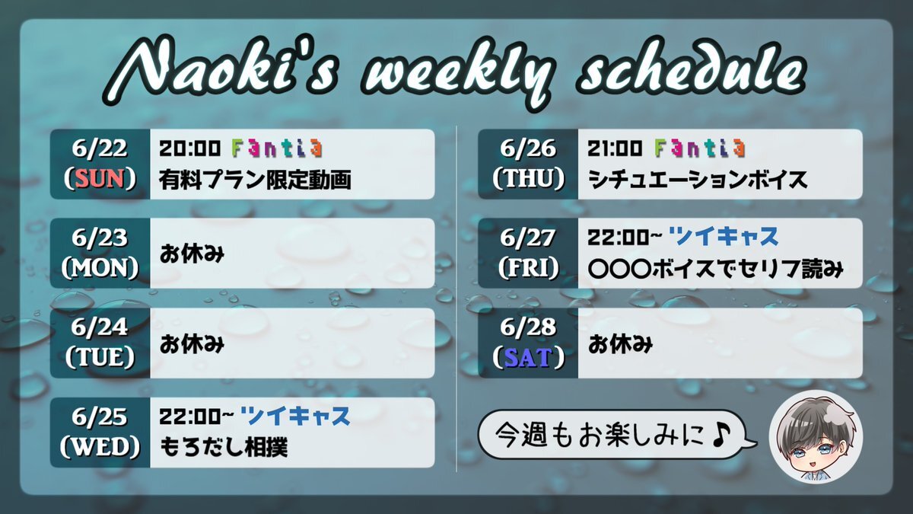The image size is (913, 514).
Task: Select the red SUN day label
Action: [100, 179]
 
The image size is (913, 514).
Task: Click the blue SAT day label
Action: [528, 358]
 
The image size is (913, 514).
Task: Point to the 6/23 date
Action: [100, 238]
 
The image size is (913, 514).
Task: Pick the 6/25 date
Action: [100, 417]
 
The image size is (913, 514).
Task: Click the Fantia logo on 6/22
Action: [277, 148]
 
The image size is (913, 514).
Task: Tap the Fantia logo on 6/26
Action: [700, 148]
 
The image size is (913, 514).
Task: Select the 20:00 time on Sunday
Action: [190, 148]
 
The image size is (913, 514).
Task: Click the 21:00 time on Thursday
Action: [615, 148]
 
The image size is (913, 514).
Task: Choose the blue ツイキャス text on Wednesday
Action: [295, 416]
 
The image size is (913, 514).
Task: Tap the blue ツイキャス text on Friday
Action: [724, 237]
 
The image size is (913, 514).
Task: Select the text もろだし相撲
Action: [224, 447]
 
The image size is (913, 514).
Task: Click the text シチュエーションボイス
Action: [698, 180]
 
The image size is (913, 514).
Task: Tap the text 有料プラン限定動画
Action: [255, 180]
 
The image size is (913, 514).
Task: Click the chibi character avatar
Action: [816, 436]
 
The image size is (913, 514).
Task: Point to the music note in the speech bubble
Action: [721, 436]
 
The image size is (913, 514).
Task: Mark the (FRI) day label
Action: [528, 268]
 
